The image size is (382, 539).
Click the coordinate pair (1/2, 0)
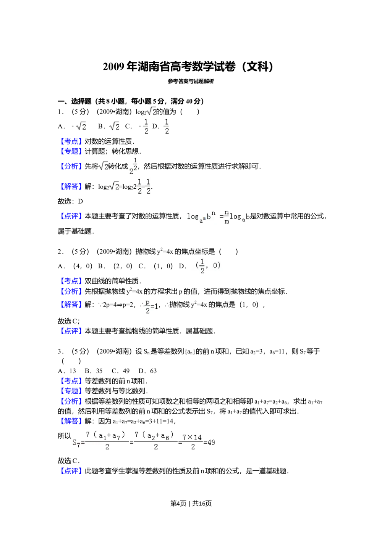coord(208,266)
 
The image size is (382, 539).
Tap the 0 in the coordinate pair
coord(216,265)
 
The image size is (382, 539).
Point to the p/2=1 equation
coord(151,306)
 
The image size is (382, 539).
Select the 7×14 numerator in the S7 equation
coord(192,438)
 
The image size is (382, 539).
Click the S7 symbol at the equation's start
coord(76,443)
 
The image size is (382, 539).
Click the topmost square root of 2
coord(151,111)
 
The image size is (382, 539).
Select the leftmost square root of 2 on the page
coord(81,125)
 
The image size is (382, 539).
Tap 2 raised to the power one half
coord(131,166)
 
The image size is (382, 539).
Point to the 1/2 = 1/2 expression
coord(144,186)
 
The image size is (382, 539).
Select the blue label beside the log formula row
coord(71,216)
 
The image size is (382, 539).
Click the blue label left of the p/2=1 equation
coord(71,304)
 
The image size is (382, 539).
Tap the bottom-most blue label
coord(71,471)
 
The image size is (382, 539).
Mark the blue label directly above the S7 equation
coord(71,421)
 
